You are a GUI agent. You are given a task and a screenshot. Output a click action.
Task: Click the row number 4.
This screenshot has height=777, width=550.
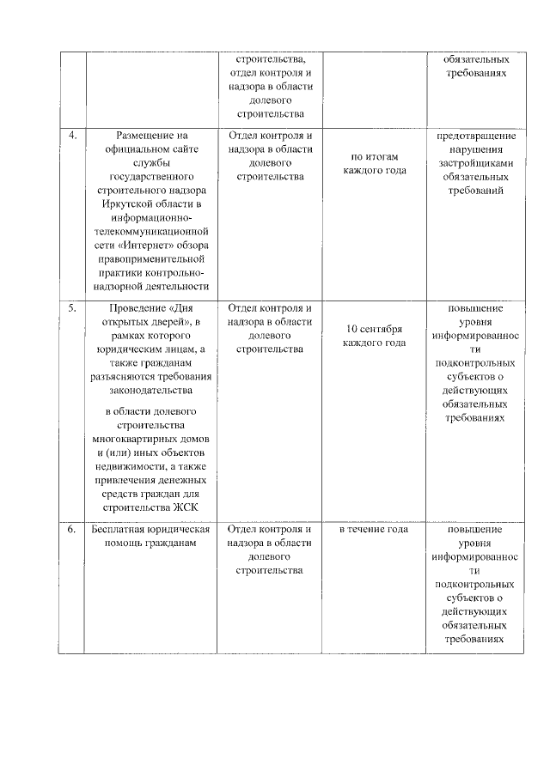(x=72, y=136)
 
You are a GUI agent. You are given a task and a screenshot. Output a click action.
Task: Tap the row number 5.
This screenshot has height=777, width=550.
(x=72, y=308)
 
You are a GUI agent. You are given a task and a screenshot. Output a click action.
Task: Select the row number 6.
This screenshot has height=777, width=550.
(x=72, y=529)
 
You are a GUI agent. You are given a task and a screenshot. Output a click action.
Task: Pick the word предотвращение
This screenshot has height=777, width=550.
(x=475, y=136)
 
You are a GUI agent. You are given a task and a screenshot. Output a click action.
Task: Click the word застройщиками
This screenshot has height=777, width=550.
(x=475, y=163)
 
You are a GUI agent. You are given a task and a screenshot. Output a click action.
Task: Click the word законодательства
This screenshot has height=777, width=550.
(x=150, y=391)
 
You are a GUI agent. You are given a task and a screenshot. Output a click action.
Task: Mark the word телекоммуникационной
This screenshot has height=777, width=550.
(x=150, y=232)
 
